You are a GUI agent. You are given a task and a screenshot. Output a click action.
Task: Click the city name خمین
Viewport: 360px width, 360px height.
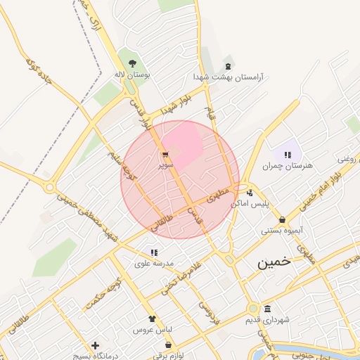(273, 263)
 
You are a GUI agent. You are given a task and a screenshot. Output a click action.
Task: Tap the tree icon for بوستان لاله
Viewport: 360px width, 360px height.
(133, 64)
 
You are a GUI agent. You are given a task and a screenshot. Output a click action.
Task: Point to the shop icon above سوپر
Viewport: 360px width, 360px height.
(165, 155)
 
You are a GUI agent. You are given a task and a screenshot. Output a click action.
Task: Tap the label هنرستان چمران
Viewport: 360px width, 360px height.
(287, 167)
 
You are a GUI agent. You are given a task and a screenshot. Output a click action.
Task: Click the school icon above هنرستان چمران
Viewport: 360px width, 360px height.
(287, 155)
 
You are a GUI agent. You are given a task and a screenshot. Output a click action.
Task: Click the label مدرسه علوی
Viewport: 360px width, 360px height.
(158, 264)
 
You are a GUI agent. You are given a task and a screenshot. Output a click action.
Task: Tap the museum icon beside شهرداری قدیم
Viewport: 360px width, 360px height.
(268, 309)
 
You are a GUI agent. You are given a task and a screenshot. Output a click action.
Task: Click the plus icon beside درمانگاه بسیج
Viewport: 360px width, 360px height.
(95, 345)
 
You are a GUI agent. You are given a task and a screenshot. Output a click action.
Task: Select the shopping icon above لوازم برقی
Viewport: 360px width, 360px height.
(169, 345)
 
